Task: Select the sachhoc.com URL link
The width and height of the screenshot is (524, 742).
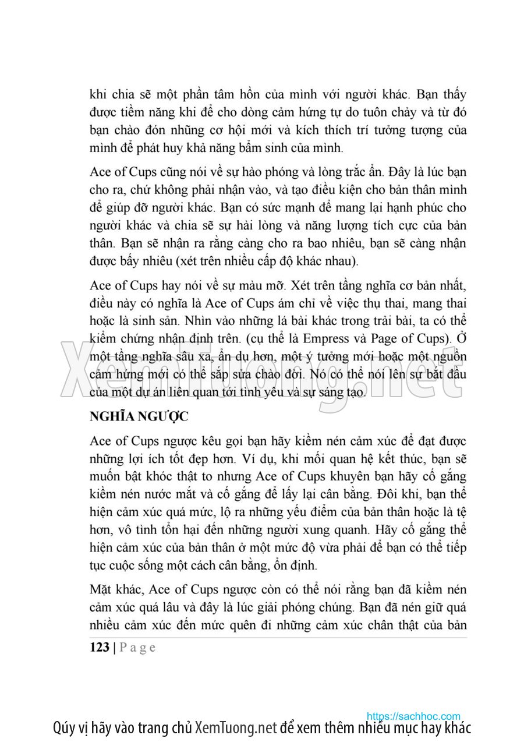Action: point(413,716)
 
